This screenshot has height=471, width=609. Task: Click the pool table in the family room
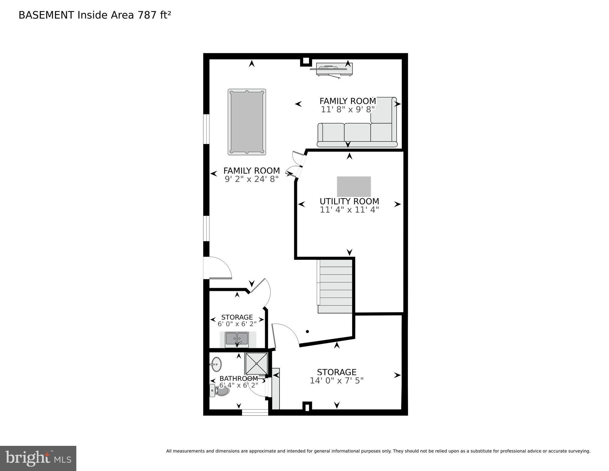(247, 122)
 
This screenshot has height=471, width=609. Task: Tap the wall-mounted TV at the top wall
(334, 69)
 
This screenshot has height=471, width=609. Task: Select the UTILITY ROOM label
(349, 201)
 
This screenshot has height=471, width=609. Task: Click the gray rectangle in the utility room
(354, 186)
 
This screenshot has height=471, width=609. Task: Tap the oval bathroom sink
(216, 364)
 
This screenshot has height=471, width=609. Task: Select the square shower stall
(256, 364)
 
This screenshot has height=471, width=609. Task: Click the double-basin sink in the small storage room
(237, 339)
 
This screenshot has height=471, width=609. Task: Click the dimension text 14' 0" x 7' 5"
(337, 381)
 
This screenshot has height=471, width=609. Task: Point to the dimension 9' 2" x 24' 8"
(252, 179)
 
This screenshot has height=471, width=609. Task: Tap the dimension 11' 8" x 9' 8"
(348, 110)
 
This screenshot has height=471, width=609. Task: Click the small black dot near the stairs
(307, 331)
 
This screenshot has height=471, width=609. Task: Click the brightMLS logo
(38, 458)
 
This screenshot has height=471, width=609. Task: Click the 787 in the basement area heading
(147, 15)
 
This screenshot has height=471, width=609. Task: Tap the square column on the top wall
(306, 61)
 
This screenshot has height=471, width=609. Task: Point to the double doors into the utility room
(296, 166)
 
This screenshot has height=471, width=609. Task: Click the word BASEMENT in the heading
(46, 15)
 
